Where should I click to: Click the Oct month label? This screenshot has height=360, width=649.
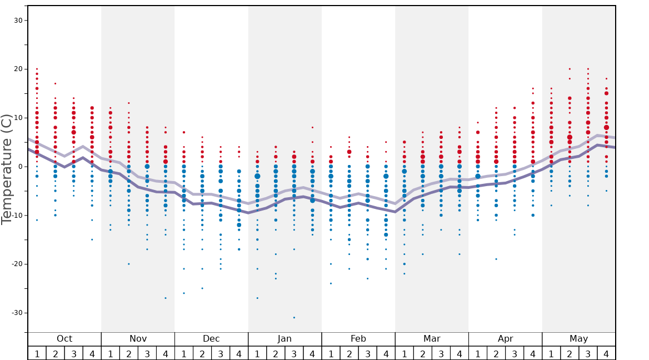point(64,339)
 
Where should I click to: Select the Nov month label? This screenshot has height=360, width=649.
point(138,339)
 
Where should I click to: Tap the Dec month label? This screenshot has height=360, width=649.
point(211,339)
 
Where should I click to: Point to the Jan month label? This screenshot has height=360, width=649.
point(284,339)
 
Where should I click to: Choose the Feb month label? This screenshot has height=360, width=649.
point(358,339)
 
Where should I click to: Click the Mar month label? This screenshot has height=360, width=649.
point(432,339)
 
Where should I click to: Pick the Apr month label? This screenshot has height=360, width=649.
point(505,339)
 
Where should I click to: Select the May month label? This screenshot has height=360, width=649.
point(578,339)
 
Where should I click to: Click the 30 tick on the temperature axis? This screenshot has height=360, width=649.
point(17,21)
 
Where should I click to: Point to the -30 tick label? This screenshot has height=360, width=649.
point(16,313)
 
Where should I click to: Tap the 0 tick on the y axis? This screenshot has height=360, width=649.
point(19,167)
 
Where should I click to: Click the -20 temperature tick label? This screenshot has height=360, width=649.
point(16,264)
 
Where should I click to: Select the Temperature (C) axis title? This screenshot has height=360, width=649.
point(7,169)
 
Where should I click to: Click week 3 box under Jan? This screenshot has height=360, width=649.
point(294,353)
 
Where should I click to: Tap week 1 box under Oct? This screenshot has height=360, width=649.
point(37,353)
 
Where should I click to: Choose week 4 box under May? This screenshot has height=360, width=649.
point(606,353)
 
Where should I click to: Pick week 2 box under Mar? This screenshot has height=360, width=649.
point(423,353)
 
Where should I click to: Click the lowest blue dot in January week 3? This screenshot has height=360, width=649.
point(294,317)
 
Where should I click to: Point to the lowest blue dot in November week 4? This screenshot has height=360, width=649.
point(166,298)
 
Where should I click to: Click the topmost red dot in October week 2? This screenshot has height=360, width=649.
point(55,83)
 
